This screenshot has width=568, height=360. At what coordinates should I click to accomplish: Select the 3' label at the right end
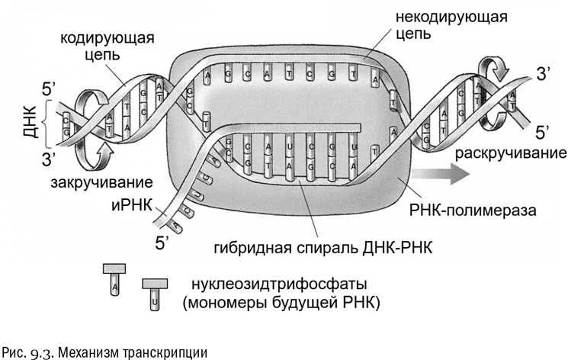click(x=544, y=74)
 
